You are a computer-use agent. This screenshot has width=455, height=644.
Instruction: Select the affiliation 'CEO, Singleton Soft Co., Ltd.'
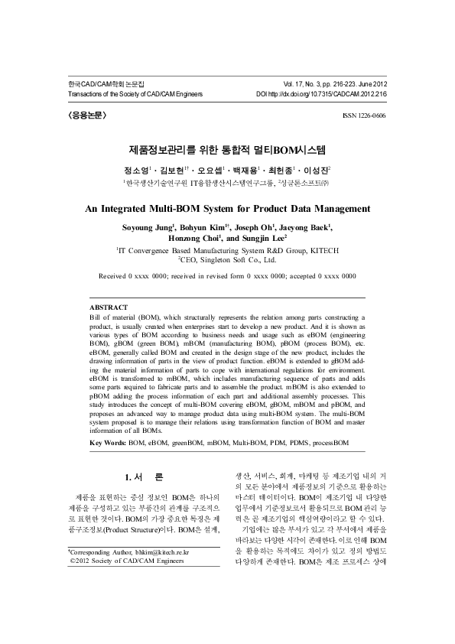coord(228,260)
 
